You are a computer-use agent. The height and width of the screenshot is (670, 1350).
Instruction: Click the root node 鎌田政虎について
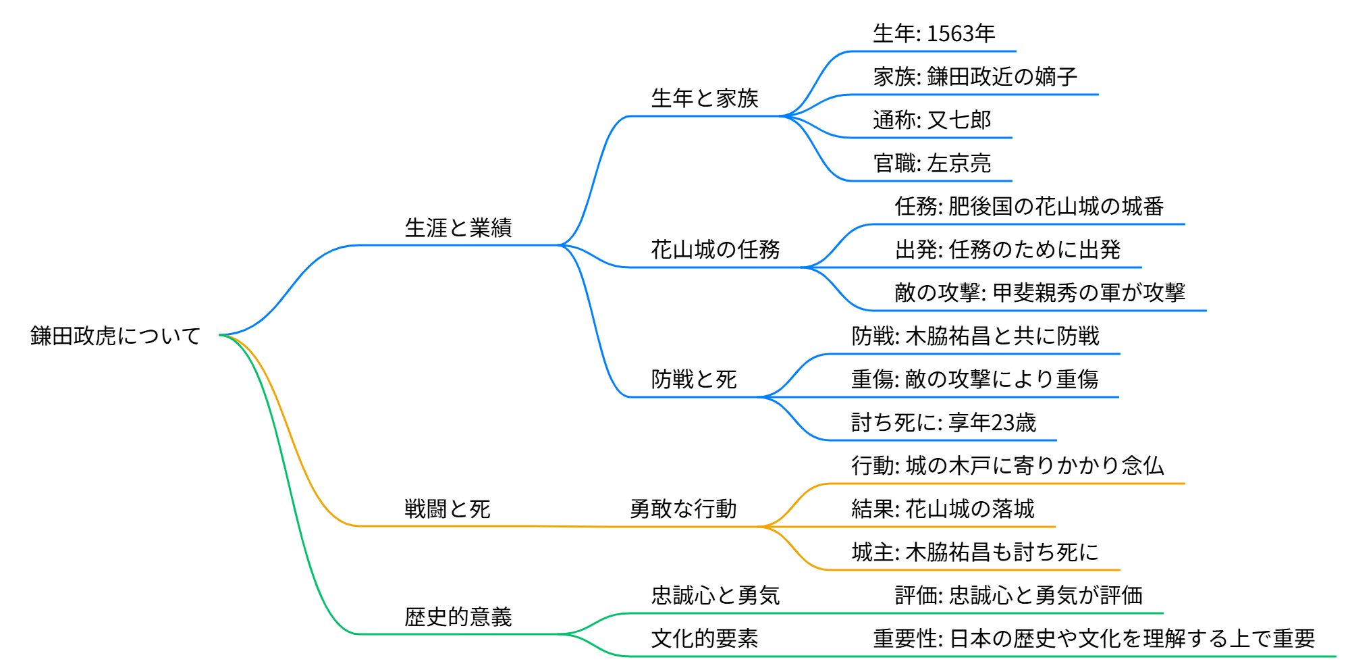click(x=115, y=336)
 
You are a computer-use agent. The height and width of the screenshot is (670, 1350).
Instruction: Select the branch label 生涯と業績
click(x=458, y=228)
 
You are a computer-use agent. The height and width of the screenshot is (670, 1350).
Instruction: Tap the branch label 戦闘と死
click(x=448, y=509)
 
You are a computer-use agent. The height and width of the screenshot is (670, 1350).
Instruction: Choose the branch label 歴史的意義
click(x=458, y=617)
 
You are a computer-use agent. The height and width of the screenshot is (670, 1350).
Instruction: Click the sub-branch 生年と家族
click(x=705, y=99)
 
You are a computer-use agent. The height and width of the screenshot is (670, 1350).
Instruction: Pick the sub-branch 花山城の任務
click(x=715, y=250)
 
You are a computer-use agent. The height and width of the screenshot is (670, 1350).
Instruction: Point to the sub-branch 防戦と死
click(x=694, y=380)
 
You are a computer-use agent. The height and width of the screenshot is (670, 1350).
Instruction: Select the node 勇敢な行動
click(x=683, y=509)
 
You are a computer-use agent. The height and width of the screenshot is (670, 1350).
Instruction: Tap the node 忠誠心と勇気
click(x=715, y=595)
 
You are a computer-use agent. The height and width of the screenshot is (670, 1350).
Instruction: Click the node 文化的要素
click(x=705, y=638)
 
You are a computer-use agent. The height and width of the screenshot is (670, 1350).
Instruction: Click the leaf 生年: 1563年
click(x=934, y=34)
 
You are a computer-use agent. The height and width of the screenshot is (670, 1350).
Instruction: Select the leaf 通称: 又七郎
click(x=932, y=120)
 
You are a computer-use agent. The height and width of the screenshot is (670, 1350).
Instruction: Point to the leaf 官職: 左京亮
click(x=932, y=163)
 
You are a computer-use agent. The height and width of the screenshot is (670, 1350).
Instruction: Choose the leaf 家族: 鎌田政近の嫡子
click(x=975, y=77)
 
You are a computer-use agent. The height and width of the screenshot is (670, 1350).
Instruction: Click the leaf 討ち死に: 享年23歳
click(x=943, y=423)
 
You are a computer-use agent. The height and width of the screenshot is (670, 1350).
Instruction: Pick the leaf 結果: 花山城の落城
click(x=942, y=509)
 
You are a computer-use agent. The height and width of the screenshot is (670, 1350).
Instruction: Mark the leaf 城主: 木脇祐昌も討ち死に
click(x=975, y=552)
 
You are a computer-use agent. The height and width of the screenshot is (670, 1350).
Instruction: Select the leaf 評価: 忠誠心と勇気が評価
click(x=1018, y=595)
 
